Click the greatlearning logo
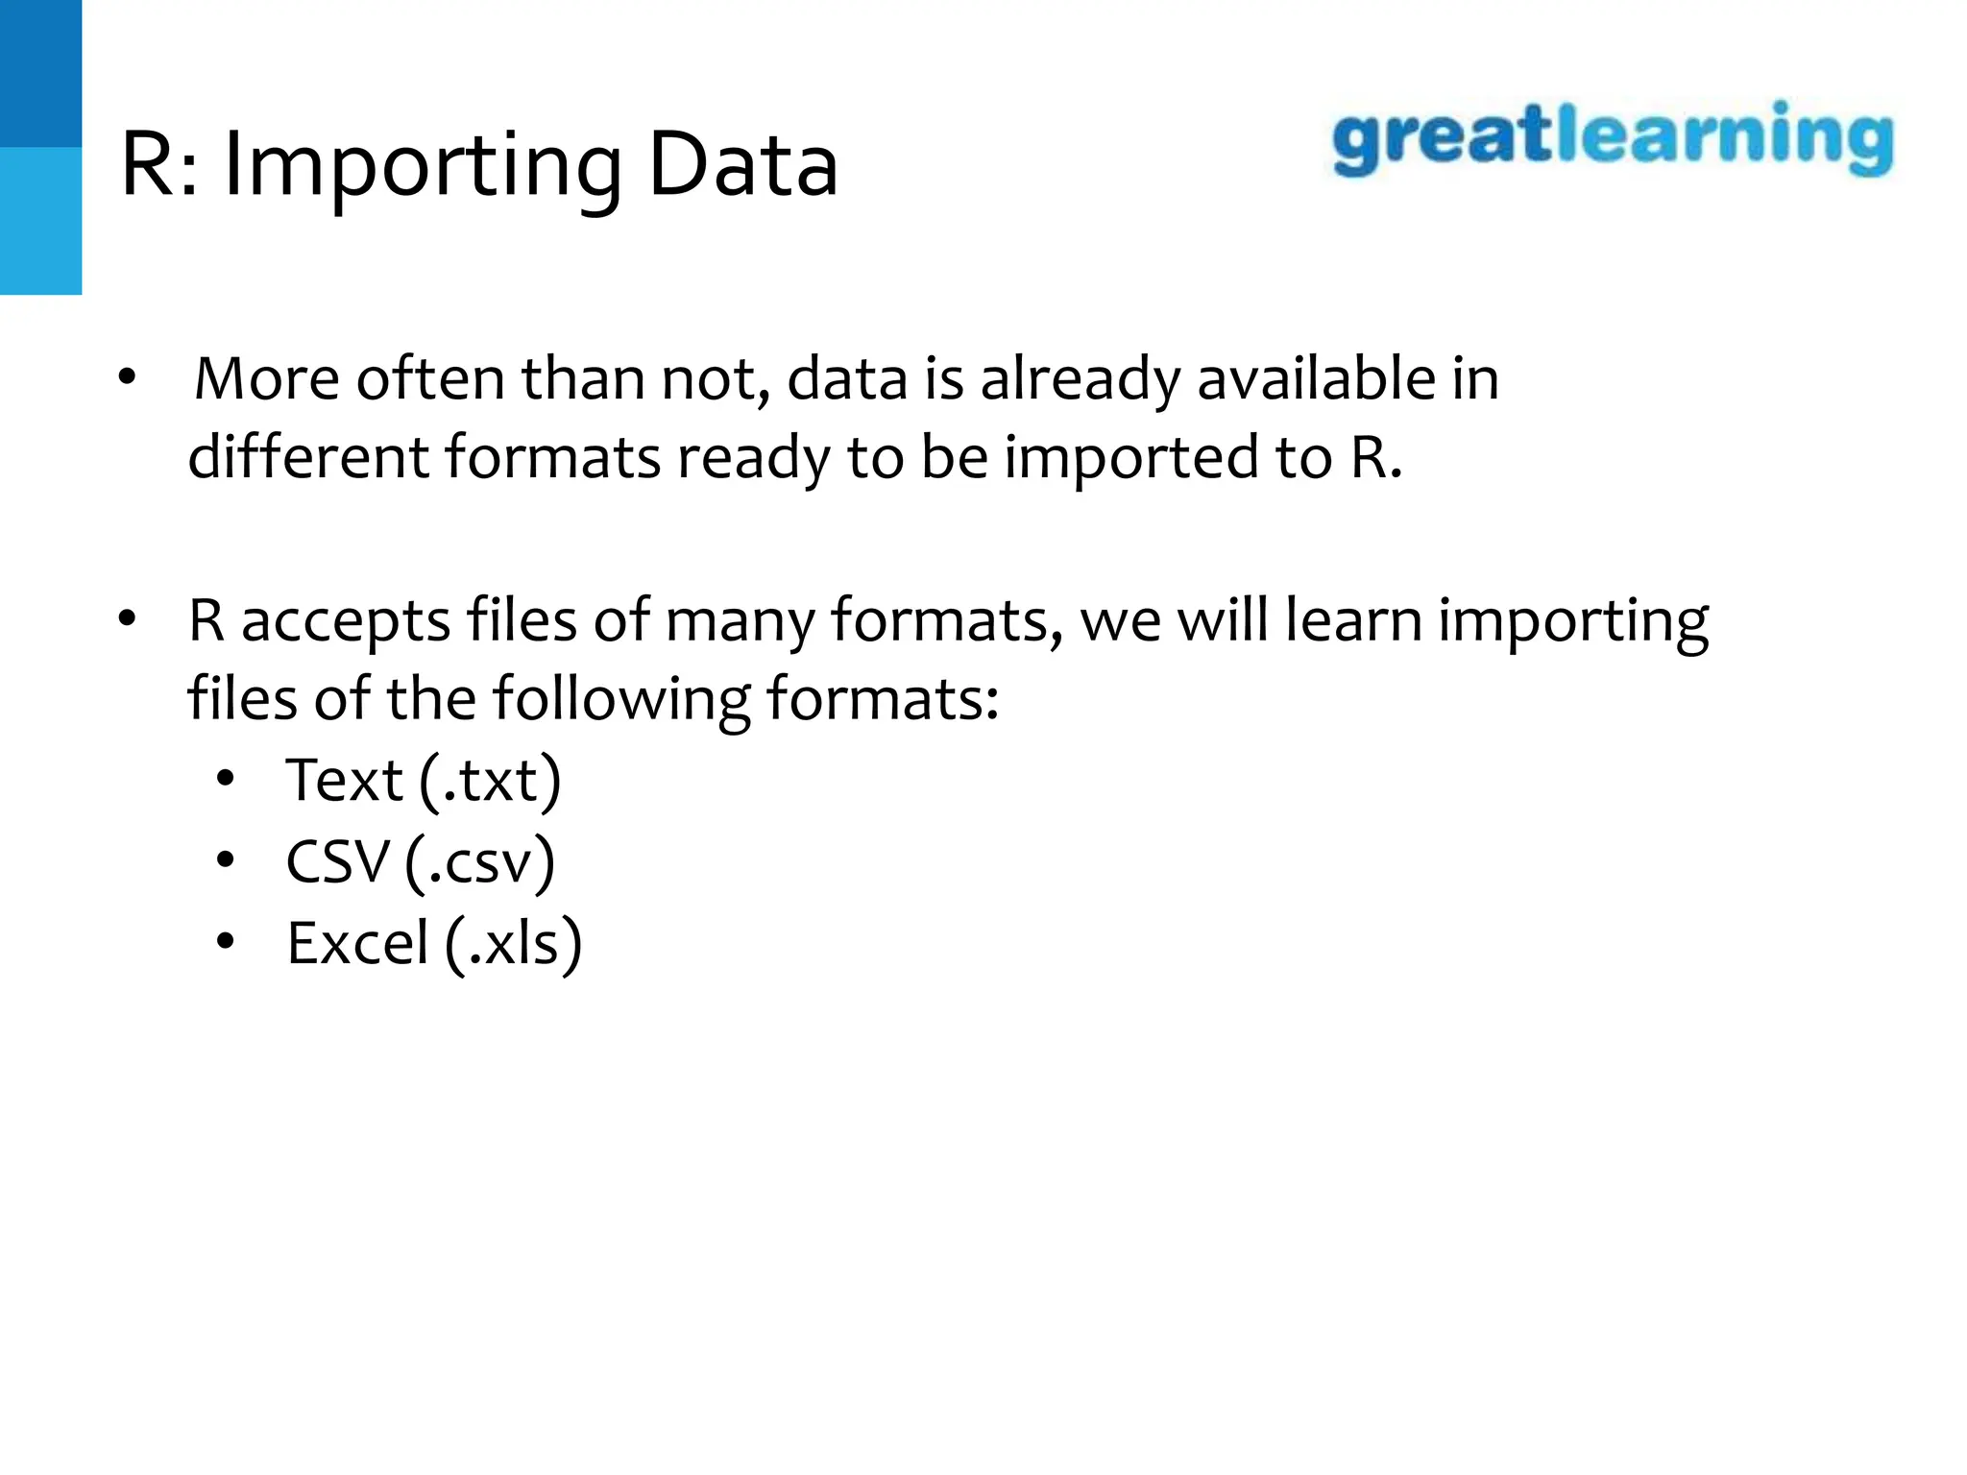tap(1612, 140)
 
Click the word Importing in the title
tap(424, 169)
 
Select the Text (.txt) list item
tap(423, 780)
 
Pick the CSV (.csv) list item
tap(420, 861)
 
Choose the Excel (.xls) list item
tap(434, 943)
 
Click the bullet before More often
tap(128, 378)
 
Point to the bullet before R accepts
tap(128, 620)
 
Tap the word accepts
tap(346, 622)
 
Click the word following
tap(620, 700)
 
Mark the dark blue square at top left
tap(40, 73)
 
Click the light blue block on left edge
tap(40, 221)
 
